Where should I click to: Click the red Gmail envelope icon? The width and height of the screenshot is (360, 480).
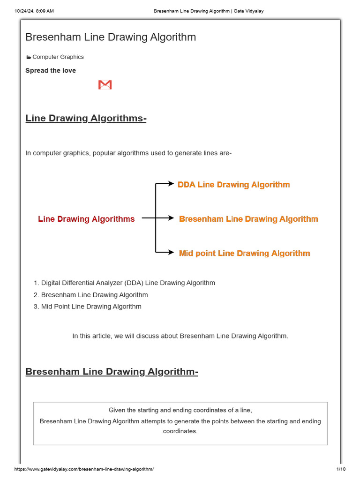click(x=105, y=85)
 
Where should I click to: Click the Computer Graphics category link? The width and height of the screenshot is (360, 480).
click(x=58, y=57)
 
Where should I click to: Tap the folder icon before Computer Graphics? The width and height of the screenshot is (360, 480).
click(x=29, y=57)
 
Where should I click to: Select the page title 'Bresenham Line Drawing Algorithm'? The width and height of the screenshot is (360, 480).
click(x=111, y=37)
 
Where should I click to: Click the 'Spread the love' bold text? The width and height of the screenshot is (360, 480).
click(x=51, y=71)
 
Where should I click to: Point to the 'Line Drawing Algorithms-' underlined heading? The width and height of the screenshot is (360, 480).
click(x=86, y=118)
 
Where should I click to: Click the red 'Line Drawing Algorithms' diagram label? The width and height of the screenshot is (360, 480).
click(x=86, y=219)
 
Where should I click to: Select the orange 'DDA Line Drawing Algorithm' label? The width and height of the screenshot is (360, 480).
click(x=233, y=185)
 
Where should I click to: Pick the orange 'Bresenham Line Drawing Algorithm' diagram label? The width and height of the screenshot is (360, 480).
click(x=248, y=219)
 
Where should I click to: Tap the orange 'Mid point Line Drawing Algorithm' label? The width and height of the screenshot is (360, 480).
click(x=244, y=253)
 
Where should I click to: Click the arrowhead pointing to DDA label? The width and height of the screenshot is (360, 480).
click(x=171, y=184)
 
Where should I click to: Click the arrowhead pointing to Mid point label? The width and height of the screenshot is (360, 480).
click(x=171, y=253)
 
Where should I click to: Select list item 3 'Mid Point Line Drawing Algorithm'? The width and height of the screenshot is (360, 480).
click(x=91, y=307)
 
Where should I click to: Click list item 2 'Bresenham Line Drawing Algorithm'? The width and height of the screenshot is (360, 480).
click(x=94, y=295)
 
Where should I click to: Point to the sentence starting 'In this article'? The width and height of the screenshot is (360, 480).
click(x=180, y=336)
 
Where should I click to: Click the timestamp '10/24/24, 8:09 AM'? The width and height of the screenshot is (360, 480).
click(x=34, y=11)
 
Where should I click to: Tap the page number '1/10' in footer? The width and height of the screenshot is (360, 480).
click(x=341, y=469)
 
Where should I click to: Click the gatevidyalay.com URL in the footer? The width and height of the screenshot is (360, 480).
click(x=84, y=469)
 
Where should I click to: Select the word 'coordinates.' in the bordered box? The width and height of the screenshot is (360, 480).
click(x=180, y=431)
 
